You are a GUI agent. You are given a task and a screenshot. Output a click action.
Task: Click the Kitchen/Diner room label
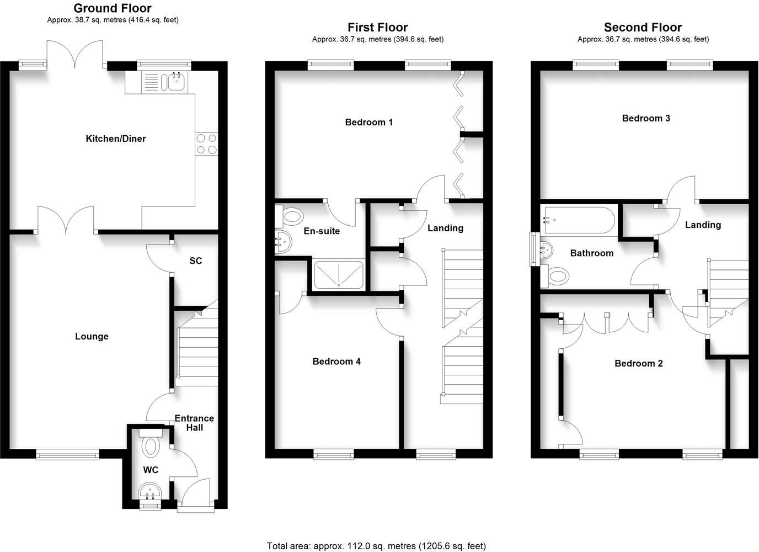point(116,139)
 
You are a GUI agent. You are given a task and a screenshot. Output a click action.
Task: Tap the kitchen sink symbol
point(176,83)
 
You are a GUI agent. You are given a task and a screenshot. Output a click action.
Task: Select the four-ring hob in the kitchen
point(206,144)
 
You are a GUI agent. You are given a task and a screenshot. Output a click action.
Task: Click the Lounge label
point(92,336)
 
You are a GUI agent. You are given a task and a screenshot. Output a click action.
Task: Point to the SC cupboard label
point(195,261)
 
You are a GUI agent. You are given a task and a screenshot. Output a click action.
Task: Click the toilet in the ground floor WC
point(149,443)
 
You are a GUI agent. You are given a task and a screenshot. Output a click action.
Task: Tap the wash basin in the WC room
point(149,490)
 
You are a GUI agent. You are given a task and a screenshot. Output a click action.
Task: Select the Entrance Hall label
point(194,423)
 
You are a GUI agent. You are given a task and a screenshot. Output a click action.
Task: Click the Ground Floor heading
point(113,8)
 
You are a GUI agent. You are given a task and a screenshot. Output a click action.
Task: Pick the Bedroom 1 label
point(369,122)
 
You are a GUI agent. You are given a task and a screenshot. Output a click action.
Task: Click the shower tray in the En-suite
point(339,275)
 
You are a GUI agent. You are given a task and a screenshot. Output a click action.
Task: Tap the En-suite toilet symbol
point(290,216)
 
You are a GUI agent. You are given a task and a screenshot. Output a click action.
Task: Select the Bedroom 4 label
point(336,362)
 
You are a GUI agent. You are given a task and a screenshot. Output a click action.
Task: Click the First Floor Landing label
point(445,228)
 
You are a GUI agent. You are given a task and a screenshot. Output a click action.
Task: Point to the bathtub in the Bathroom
point(579,220)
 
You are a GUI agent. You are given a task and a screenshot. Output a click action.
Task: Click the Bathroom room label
point(592,253)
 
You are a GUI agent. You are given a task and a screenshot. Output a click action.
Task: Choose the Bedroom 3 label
point(646,118)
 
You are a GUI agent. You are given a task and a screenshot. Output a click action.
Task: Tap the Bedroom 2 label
point(639,363)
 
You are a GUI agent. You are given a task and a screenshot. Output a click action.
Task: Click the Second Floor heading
point(643,27)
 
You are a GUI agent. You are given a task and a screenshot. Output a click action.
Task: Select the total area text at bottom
point(376,546)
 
